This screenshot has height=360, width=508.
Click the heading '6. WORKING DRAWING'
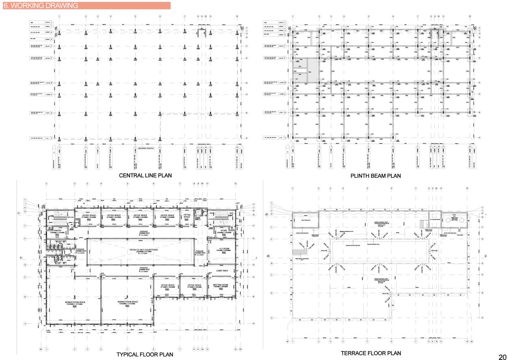point(40,6)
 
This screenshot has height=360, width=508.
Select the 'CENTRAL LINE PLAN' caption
point(145,176)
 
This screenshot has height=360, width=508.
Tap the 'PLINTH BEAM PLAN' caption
point(376,176)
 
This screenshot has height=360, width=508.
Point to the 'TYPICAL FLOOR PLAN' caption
point(145,355)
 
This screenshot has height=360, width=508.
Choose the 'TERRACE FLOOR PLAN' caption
point(371,353)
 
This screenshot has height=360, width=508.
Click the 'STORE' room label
point(223,231)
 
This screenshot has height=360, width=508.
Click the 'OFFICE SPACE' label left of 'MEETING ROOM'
point(194,285)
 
